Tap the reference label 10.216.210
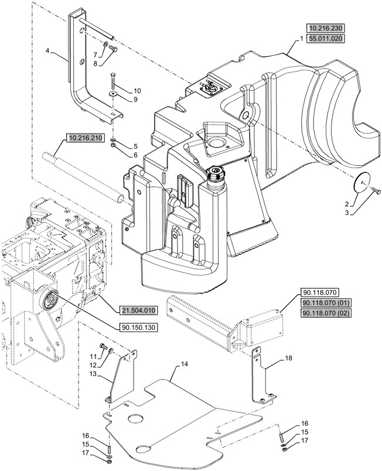[x=84, y=138]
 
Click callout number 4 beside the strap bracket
[x=47, y=51]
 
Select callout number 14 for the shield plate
[x=184, y=364]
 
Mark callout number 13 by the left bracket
[x=93, y=374]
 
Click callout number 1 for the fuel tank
[x=301, y=38]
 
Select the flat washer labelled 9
[x=112, y=94]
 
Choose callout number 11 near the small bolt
[x=93, y=356]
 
